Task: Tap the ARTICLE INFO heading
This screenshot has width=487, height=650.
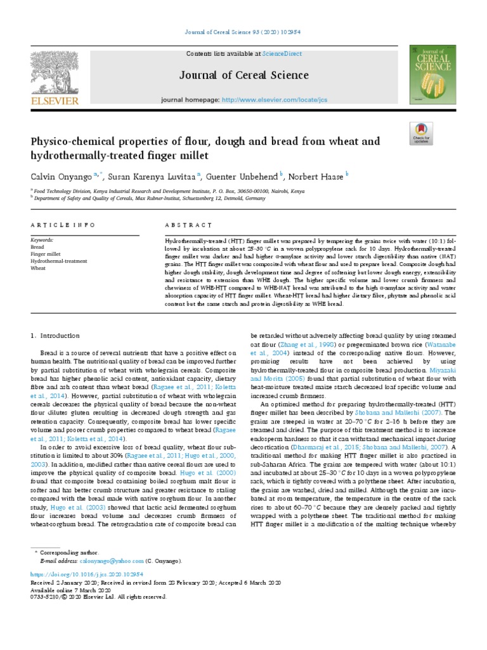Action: [63, 225]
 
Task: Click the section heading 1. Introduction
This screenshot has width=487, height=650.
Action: [56, 335]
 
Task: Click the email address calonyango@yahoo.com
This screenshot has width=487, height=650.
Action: [103, 561]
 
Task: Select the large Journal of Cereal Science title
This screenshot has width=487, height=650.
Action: [244, 76]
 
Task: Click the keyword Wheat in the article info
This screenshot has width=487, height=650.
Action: [38, 269]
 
